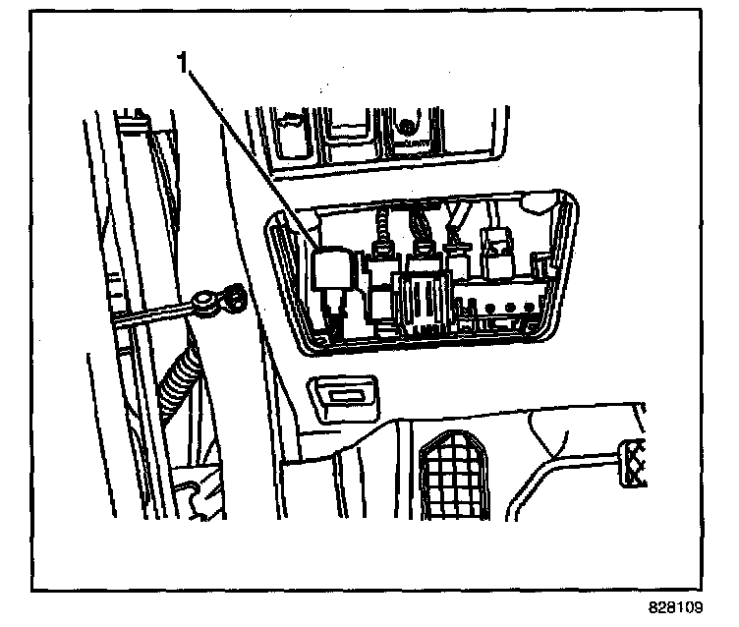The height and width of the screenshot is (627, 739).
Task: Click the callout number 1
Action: [x=182, y=63]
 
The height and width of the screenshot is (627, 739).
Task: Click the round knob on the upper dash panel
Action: [x=405, y=127]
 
